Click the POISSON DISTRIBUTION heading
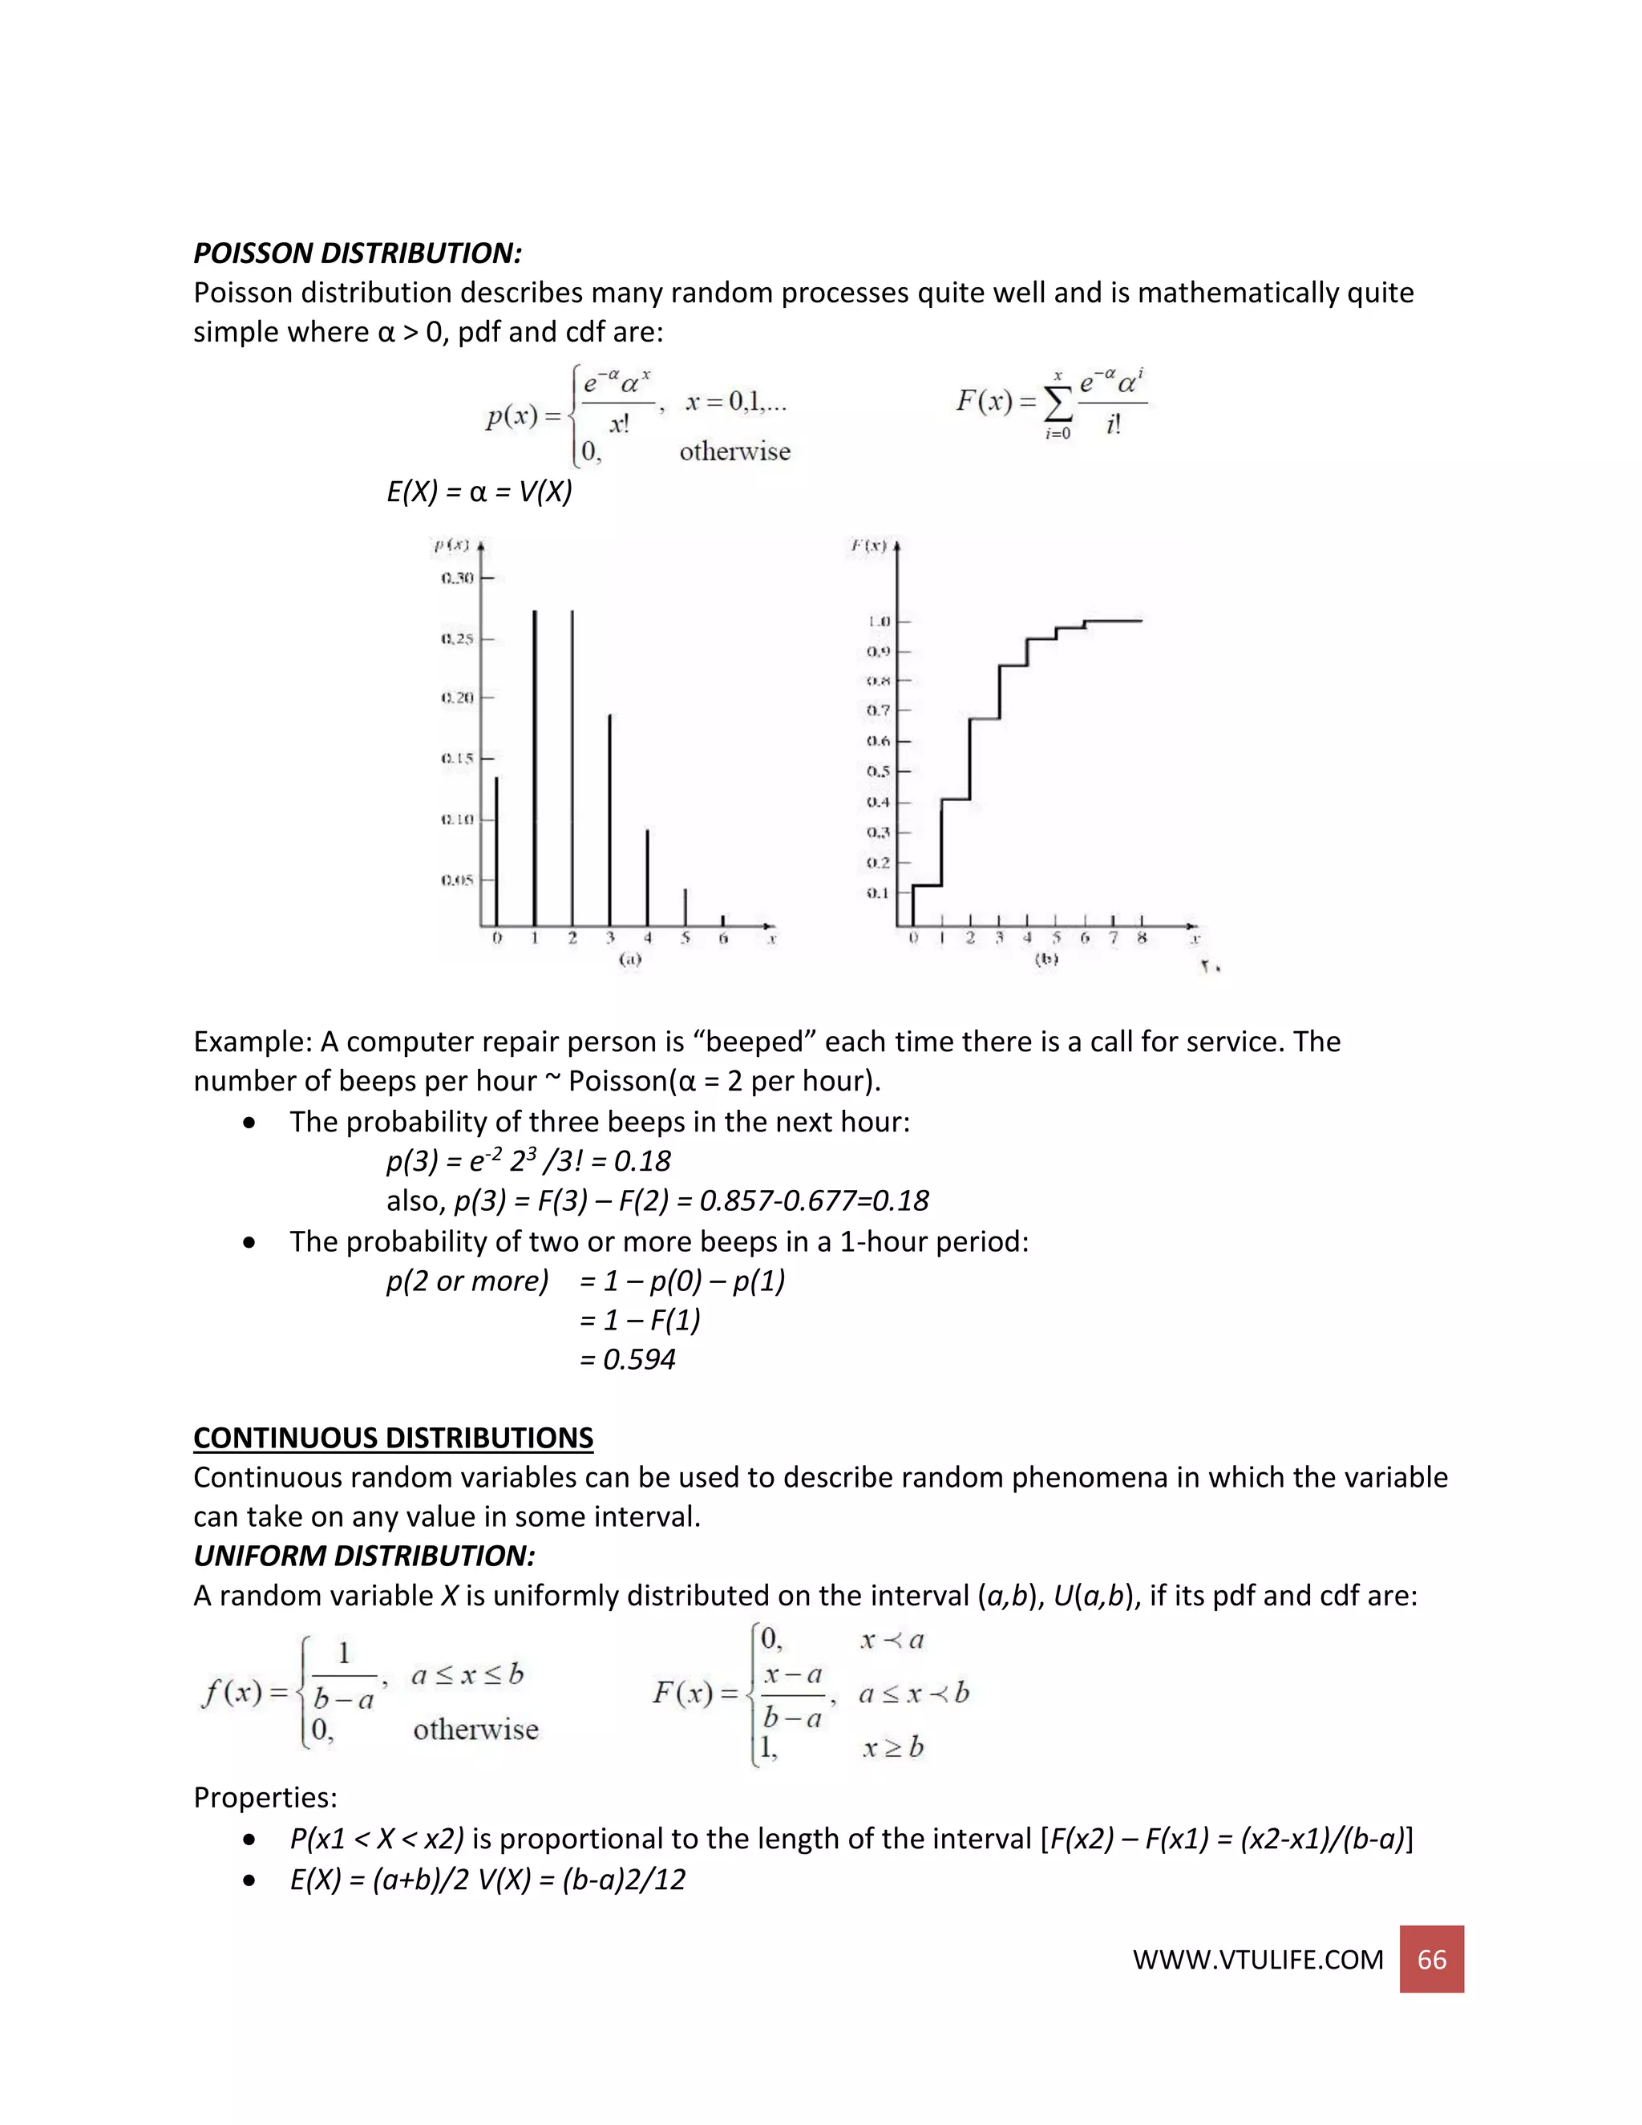click(357, 253)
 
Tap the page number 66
click(1431, 1959)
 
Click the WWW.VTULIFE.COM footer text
click(1257, 1960)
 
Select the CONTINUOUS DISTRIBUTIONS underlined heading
click(393, 1437)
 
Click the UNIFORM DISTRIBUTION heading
click(364, 1555)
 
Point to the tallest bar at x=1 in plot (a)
click(534, 769)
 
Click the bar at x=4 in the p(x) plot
click(648, 876)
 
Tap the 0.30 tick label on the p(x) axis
click(457, 578)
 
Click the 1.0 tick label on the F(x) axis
click(879, 621)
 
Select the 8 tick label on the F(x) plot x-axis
click(1141, 938)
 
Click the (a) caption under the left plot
click(630, 959)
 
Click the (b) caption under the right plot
click(1045, 959)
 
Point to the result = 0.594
click(628, 1359)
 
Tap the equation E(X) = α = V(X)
click(479, 492)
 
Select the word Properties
click(265, 1797)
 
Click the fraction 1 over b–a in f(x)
click(343, 1675)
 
